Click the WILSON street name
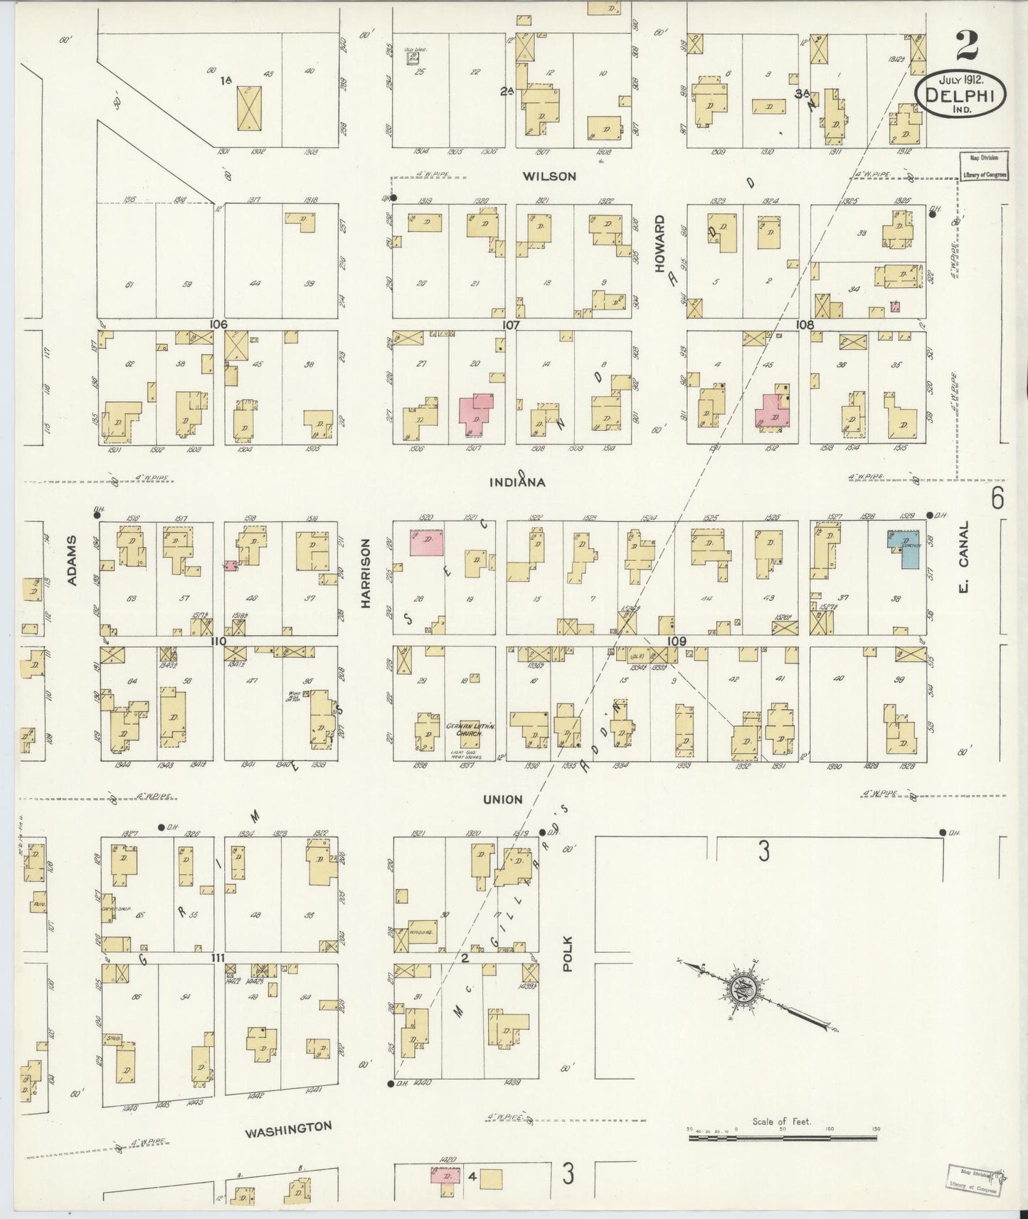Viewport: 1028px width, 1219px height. (x=549, y=176)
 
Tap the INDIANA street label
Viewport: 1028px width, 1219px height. (x=517, y=482)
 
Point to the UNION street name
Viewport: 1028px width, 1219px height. (x=503, y=799)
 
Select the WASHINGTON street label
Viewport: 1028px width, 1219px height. (x=289, y=1129)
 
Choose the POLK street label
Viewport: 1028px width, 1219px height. (x=567, y=952)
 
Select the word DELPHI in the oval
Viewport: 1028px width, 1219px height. (x=960, y=95)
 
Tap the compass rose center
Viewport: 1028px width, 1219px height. (x=740, y=989)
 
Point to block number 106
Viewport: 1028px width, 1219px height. (x=218, y=324)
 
